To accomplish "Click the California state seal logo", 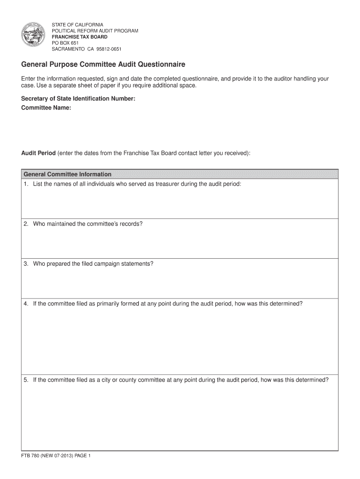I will [34, 36].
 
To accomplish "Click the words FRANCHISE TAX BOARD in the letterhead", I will [79, 36].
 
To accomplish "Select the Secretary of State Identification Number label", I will [78, 99].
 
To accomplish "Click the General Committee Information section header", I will [67, 174].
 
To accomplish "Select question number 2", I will [26, 224].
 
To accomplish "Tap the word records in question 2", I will [130, 224].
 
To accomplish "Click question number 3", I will [26, 263].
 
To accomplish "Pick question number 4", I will [26, 304].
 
